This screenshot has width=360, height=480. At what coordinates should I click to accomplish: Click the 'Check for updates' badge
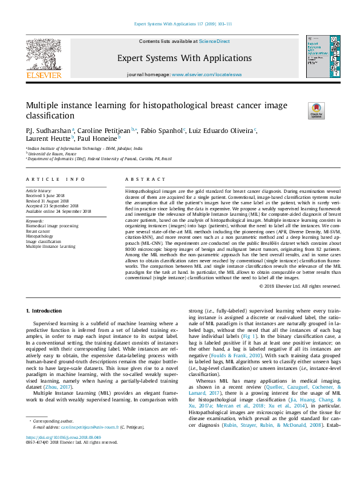click(x=316, y=111)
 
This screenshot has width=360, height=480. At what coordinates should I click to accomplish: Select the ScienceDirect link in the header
click(x=214, y=42)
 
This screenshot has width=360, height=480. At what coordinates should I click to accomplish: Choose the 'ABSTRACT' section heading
click(x=145, y=179)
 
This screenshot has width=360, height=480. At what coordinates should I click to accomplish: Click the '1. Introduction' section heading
click(x=47, y=310)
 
